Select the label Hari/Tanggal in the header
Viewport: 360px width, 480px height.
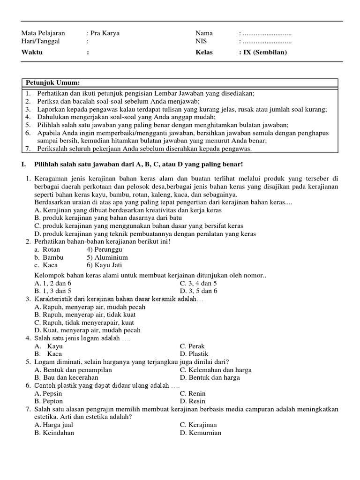tap(41, 41)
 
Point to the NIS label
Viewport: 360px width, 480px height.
tap(201, 41)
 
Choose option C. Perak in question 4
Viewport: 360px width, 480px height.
tap(192, 346)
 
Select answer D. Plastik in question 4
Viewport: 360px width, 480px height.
tap(194, 354)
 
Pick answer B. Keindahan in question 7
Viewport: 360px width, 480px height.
tap(54, 433)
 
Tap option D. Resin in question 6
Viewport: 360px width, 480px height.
tap(193, 401)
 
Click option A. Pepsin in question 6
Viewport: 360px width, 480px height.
tap(48, 394)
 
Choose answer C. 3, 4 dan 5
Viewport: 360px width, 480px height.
tap(198, 284)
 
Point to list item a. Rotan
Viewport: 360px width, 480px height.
tap(47, 250)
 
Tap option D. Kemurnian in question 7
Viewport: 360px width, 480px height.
tap(201, 433)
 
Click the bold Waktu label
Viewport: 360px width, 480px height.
tap(32, 52)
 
